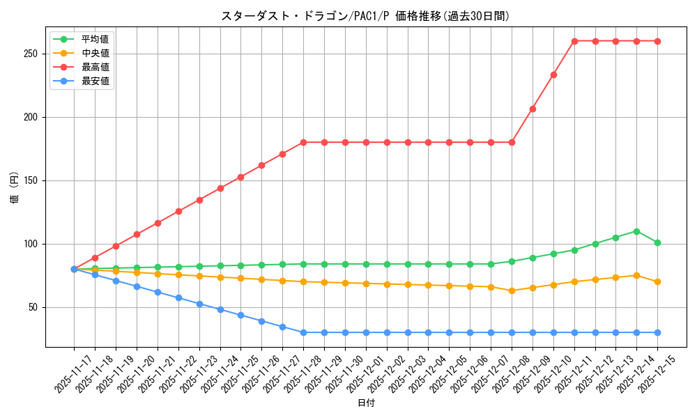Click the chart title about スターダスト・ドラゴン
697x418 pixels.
365,16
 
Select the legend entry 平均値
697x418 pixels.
95,39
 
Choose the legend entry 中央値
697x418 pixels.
95,53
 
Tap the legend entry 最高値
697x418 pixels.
95,67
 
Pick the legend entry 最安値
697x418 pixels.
95,81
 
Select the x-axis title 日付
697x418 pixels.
366,403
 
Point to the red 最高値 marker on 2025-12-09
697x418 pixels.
533,109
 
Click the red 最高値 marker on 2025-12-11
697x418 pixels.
574,41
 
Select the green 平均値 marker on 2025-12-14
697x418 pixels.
636,231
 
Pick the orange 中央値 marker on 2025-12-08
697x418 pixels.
512,291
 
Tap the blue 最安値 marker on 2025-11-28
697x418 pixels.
303,332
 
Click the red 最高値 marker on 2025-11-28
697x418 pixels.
303,142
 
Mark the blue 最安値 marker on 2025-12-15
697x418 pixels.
657,332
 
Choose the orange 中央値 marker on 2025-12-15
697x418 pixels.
657,281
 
